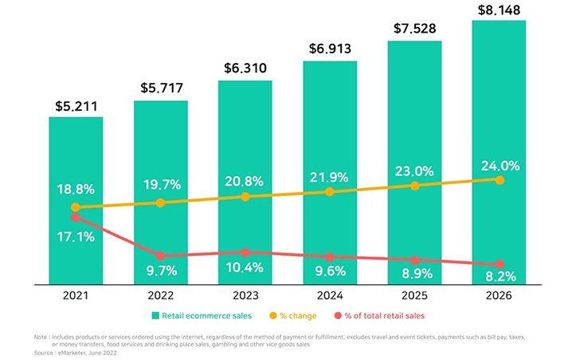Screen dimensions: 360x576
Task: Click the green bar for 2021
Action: [76, 159]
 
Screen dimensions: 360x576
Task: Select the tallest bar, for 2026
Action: [500, 96]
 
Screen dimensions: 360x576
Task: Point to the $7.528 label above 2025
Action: [414, 29]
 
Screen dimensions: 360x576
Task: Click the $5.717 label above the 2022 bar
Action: [161, 88]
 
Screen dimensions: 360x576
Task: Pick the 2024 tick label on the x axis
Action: [330, 295]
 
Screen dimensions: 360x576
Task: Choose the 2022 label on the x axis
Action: [161, 295]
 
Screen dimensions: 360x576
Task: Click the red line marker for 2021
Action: [76, 217]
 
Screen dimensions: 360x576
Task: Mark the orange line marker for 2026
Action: [500, 180]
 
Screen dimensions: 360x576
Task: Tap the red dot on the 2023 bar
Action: [245, 252]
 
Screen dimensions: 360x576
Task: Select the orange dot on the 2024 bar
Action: [330, 191]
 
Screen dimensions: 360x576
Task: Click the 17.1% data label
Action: [76, 237]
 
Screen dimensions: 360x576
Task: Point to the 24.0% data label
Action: [500, 166]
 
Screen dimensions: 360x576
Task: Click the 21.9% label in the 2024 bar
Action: [330, 176]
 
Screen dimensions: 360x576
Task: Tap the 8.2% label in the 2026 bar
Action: [500, 276]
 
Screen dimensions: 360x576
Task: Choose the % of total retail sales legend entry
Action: [378, 316]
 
